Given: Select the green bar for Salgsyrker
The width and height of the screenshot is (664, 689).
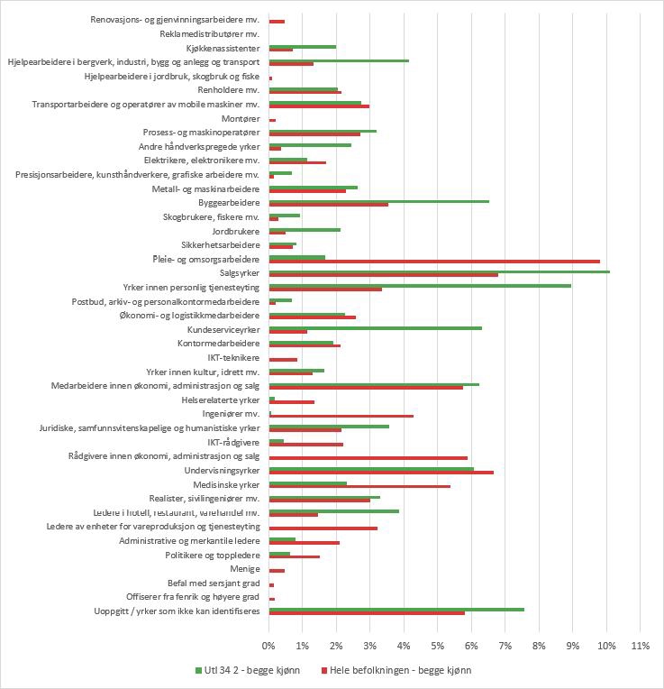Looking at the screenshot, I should (x=440, y=271).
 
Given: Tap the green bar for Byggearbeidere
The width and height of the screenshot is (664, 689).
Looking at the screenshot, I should (x=379, y=200).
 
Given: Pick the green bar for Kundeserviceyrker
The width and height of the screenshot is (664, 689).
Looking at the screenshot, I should (x=376, y=327).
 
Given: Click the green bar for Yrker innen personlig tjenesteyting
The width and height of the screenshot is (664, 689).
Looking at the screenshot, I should (x=420, y=285).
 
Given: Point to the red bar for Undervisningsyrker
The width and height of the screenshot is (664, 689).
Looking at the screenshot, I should (x=381, y=473).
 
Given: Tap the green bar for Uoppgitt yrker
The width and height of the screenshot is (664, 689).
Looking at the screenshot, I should (x=396, y=609).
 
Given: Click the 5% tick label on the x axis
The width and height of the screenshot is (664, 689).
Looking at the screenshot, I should (x=437, y=646).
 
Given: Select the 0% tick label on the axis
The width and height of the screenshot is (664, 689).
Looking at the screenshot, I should (x=268, y=646).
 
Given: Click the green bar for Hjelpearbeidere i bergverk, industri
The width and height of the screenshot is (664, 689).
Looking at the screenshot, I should (x=339, y=60).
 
